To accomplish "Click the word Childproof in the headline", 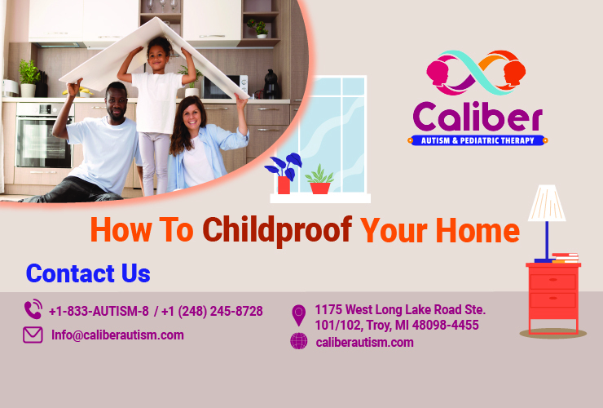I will tap(276, 230).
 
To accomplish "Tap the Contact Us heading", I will tap(88, 273).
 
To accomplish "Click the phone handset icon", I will tap(33, 310).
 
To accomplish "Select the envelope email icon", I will tap(33, 335).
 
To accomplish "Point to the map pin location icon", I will tap(299, 314).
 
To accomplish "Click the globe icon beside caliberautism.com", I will tap(299, 342).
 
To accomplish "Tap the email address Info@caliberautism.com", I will tap(117, 335).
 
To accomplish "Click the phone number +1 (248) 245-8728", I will tap(212, 311).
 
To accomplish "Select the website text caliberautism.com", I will tap(364, 342).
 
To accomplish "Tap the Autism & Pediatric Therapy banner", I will tap(477, 140).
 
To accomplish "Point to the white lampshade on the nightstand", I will tap(547, 203).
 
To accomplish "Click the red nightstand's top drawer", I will tap(553, 281).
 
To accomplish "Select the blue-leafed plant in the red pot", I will tap(283, 170).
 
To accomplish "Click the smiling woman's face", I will tap(191, 113).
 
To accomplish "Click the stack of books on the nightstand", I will tap(565, 259).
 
